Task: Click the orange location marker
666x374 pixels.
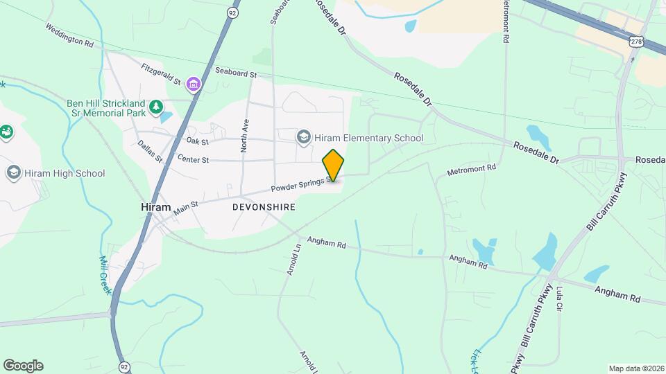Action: [x=333, y=165]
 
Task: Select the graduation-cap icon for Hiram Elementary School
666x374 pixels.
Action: [x=303, y=138]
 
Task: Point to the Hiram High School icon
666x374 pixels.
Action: [x=13, y=172]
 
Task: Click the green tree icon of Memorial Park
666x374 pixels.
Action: [x=157, y=106]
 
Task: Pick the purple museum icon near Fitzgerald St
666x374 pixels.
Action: [x=193, y=84]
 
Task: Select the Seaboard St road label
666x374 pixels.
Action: [x=236, y=72]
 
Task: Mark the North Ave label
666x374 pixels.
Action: [x=244, y=134]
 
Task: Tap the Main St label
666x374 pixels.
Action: [x=186, y=207]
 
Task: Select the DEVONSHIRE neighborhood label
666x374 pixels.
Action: [x=264, y=207]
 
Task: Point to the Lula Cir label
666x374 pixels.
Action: [x=560, y=296]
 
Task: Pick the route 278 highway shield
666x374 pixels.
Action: [x=635, y=42]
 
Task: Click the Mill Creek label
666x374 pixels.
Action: [x=105, y=274]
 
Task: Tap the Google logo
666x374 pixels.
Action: [x=23, y=366]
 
